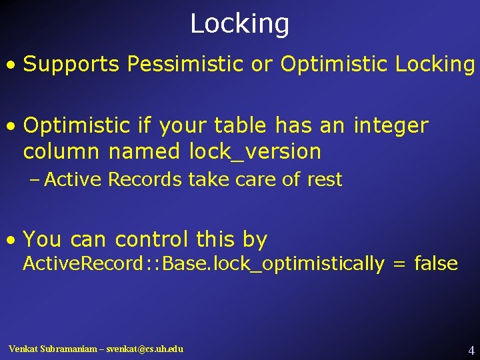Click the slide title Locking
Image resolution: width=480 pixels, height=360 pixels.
(239, 24)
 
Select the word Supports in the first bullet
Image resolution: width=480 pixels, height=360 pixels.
(71, 65)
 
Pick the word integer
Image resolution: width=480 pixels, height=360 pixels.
(391, 125)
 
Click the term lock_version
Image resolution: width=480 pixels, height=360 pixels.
(255, 152)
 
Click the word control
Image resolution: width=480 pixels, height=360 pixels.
(152, 239)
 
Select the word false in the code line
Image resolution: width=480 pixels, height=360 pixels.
(435, 264)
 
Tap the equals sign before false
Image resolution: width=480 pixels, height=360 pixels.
(399, 265)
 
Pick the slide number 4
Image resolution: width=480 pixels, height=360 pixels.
(471, 349)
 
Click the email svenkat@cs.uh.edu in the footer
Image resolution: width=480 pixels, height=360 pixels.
(141, 349)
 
